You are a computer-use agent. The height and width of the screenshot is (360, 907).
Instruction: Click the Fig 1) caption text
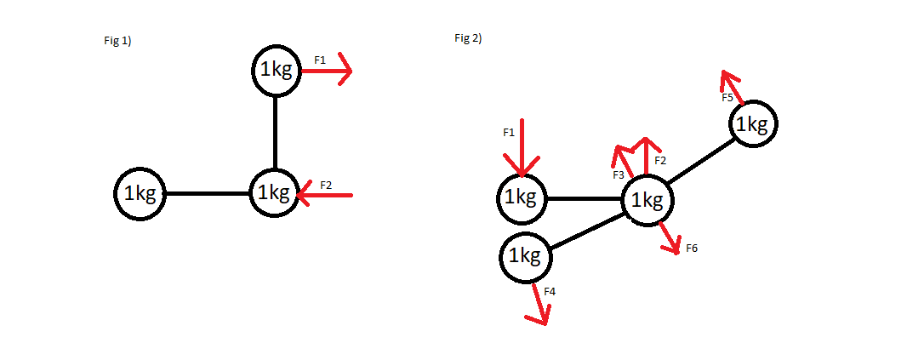click(x=117, y=41)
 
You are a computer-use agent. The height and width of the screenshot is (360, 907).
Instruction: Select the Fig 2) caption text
click(x=469, y=38)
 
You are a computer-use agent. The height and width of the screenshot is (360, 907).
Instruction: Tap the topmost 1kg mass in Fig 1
click(x=276, y=71)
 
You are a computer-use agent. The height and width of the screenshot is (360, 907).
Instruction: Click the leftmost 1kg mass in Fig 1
click(x=140, y=194)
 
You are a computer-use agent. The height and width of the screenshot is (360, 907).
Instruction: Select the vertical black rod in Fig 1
click(x=275, y=132)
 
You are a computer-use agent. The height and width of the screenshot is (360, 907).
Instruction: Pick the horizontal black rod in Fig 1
click(x=207, y=194)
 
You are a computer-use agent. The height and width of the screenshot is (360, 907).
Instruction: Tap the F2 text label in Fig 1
click(x=326, y=185)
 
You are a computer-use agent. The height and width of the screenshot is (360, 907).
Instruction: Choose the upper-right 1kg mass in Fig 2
click(x=752, y=124)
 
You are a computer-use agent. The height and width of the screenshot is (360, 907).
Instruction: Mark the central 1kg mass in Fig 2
click(x=648, y=201)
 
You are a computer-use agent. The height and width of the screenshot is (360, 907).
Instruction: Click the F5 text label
click(x=727, y=98)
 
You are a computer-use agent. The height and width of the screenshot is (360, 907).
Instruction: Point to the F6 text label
click(x=692, y=249)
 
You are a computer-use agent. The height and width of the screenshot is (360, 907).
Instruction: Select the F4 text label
click(x=550, y=292)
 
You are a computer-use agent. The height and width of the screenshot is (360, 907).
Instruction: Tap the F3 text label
click(x=619, y=174)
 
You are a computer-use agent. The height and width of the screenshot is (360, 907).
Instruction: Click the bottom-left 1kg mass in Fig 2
click(x=524, y=255)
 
